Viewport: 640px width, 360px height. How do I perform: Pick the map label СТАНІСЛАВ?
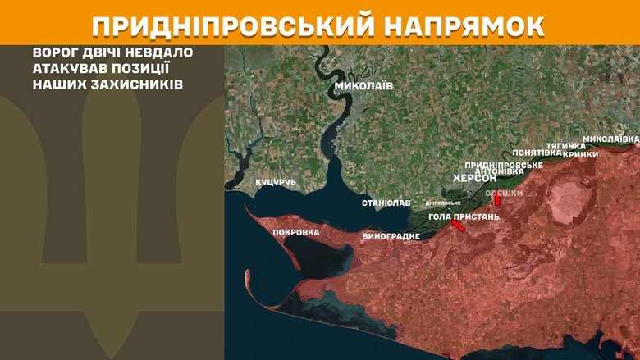pyautogui.click(x=386, y=202)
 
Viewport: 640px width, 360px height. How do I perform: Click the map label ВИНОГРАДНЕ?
pyautogui.click(x=391, y=236)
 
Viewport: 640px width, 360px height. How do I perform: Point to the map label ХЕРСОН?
pyautogui.click(x=475, y=178)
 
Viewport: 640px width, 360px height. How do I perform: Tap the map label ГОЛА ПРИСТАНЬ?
pyautogui.click(x=464, y=216)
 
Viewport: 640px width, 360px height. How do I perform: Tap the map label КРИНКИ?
pyautogui.click(x=581, y=153)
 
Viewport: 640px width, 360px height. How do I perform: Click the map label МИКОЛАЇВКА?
pyautogui.click(x=610, y=139)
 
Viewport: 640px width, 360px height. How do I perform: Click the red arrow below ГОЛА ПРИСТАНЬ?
pyautogui.click(x=457, y=227)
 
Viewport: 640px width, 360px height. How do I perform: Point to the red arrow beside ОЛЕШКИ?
pyautogui.click(x=496, y=199)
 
